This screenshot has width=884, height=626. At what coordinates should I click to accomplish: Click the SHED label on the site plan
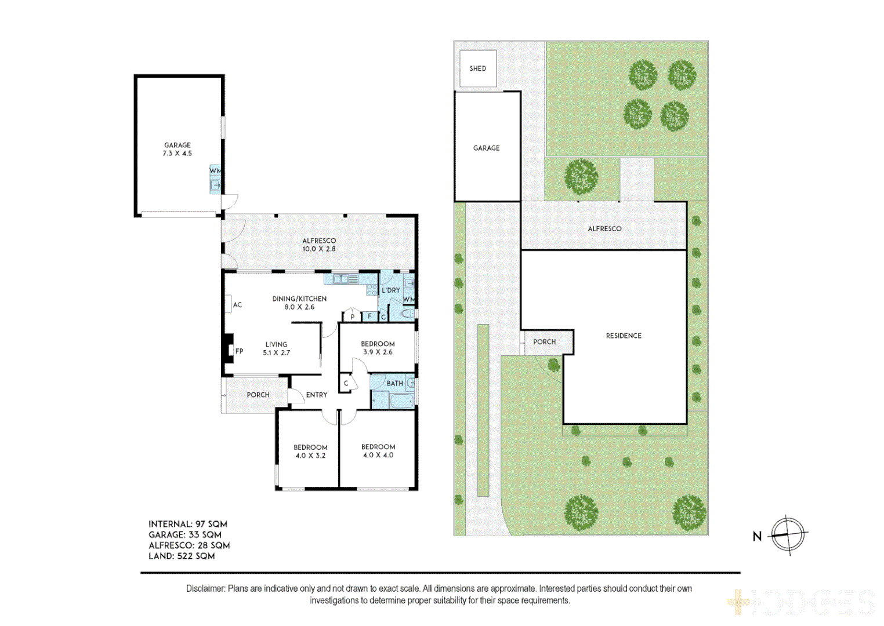point(477,68)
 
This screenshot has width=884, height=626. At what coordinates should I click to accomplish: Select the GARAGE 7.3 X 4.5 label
point(177,150)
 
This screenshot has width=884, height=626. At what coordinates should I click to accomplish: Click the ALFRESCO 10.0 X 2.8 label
point(318,245)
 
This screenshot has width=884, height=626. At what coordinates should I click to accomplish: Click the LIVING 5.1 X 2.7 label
point(276,348)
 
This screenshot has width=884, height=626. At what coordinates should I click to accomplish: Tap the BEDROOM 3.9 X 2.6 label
point(378,348)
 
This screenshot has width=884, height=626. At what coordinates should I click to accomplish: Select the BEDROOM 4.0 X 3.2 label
point(310,452)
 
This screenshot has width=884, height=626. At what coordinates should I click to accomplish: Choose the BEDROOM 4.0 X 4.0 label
point(378,451)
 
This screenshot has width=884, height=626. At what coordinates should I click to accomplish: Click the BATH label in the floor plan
point(394,383)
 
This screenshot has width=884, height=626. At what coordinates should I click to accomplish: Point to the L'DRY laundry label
point(390,290)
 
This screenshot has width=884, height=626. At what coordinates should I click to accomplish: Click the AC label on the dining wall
point(237,305)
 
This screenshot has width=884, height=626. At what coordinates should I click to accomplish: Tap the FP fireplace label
point(239,351)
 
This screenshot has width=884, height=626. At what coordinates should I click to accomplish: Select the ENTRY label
point(317,395)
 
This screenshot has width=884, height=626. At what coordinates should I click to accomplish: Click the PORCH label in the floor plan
point(258,395)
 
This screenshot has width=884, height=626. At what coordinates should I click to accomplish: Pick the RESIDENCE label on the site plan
point(624,336)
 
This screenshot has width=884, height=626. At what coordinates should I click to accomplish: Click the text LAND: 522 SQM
point(182,556)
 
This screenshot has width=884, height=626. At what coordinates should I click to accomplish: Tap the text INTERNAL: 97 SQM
point(187,524)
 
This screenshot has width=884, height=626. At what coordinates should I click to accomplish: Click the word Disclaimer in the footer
point(205,588)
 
